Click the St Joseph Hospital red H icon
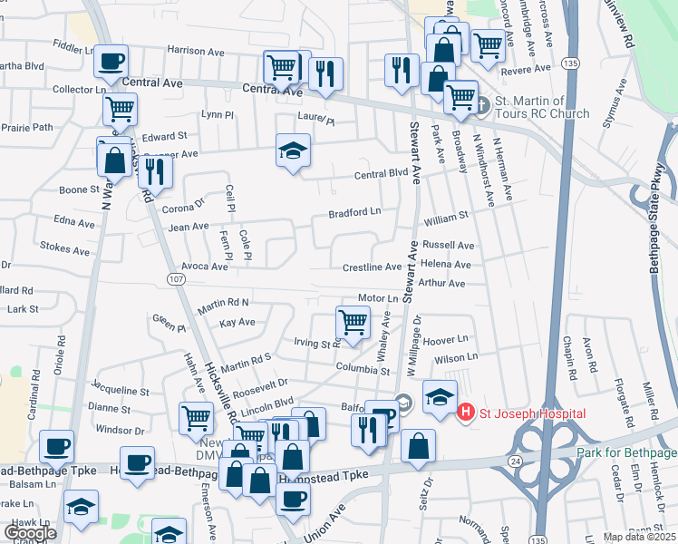pos(466,413)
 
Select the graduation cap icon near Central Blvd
pos(294,151)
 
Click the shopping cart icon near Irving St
pos(353,322)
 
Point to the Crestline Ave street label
pos(372,267)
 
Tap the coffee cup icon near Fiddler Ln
pos(111,62)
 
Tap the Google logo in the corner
pos(30,532)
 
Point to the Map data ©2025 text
pos(639,537)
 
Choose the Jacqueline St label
pos(121,391)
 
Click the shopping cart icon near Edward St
pos(120,111)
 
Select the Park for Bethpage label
pos(625,452)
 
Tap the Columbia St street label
pos(362,370)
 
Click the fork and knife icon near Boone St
pos(155,170)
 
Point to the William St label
pos(445,217)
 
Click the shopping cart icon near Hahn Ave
pos(196,418)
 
